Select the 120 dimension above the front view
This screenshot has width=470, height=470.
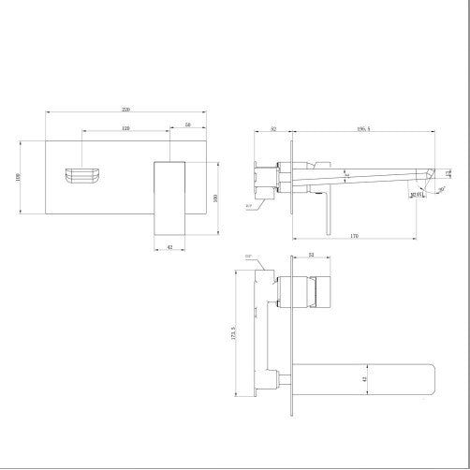tap(125, 127)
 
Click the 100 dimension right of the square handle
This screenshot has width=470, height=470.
tap(215, 198)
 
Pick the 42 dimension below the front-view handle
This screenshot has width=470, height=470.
tap(169, 247)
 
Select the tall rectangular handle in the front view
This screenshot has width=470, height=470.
tap(171, 198)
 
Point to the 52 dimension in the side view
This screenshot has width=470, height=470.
tap(272, 129)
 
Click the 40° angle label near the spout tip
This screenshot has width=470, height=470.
tap(440, 189)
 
